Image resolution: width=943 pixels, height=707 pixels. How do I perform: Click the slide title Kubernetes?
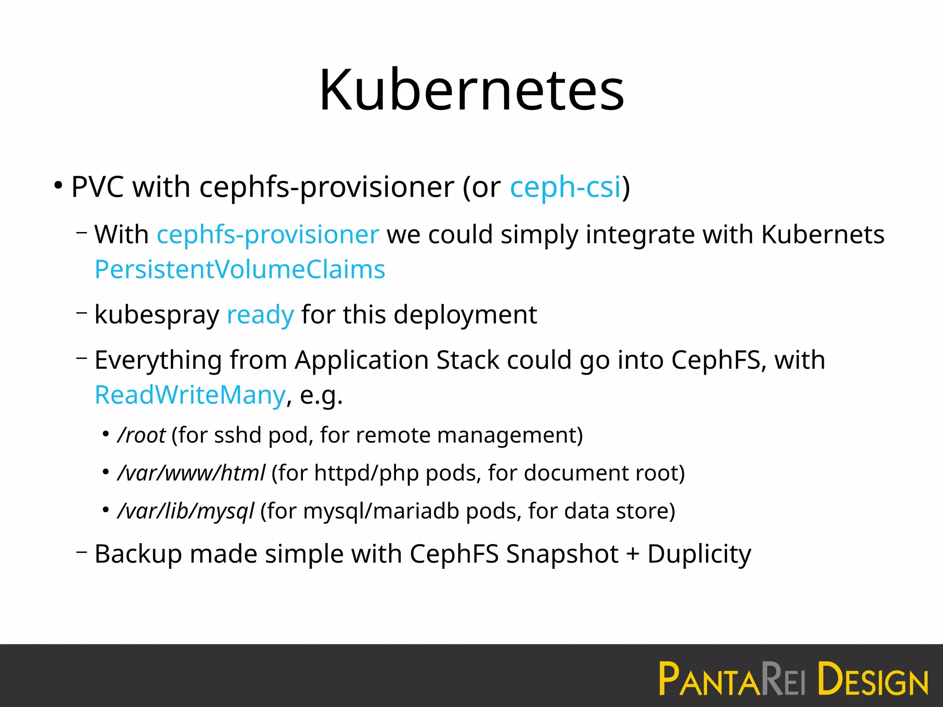pyautogui.click(x=471, y=90)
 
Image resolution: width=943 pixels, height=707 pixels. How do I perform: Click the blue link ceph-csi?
pyautogui.click(x=565, y=187)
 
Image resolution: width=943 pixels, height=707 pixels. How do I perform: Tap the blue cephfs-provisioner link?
pyautogui.click(x=268, y=235)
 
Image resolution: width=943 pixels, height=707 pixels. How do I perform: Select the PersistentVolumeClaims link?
pyautogui.click(x=240, y=270)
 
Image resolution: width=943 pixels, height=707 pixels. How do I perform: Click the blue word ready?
pyautogui.click(x=260, y=315)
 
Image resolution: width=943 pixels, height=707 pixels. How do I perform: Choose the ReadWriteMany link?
pyautogui.click(x=190, y=395)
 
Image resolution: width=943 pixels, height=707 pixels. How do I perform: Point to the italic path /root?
pyautogui.click(x=141, y=435)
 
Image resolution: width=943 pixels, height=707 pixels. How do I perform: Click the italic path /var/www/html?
pyautogui.click(x=192, y=473)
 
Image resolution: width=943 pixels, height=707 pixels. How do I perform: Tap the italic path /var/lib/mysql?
pyautogui.click(x=186, y=511)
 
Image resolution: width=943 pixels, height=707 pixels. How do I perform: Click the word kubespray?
pyautogui.click(x=157, y=315)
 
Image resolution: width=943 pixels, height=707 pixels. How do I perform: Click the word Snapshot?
pyautogui.click(x=562, y=554)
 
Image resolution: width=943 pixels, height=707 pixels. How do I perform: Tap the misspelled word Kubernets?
pyautogui.click(x=822, y=235)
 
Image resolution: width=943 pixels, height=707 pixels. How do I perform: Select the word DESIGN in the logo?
pyautogui.click(x=873, y=679)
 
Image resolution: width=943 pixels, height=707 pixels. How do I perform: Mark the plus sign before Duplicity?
pyautogui.click(x=633, y=554)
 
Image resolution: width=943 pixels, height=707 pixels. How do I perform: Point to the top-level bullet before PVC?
pyautogui.click(x=58, y=186)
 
